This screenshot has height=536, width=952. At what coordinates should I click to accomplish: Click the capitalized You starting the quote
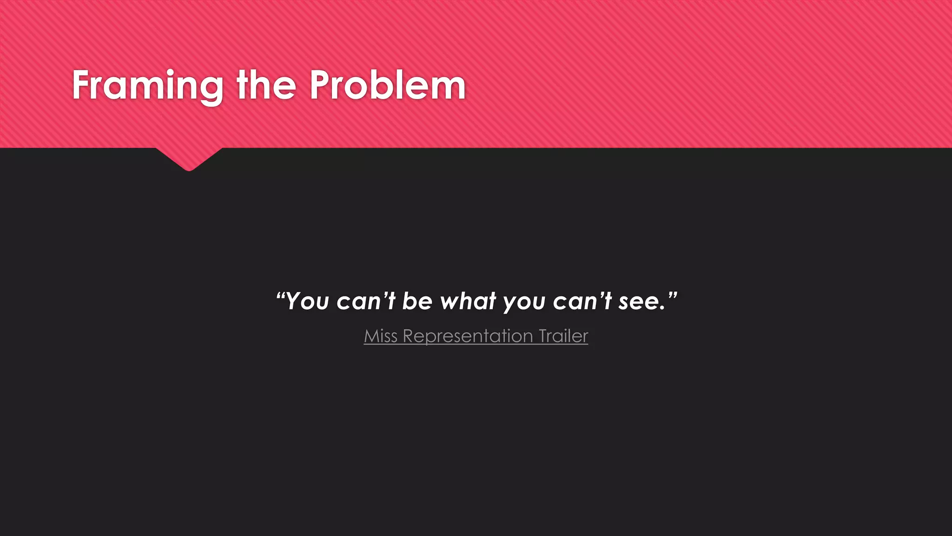[x=308, y=301]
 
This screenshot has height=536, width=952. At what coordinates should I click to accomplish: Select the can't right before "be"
[x=365, y=301]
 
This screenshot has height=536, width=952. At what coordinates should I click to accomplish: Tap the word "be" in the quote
[x=417, y=301]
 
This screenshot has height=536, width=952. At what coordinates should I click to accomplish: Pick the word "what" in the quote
[x=468, y=301]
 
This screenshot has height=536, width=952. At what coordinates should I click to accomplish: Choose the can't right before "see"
[x=582, y=301]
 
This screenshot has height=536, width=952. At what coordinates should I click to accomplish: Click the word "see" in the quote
[x=639, y=302]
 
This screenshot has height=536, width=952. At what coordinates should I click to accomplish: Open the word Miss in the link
[x=380, y=336]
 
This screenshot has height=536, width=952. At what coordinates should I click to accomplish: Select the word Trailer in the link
[x=563, y=336]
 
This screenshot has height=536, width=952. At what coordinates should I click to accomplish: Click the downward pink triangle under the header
[x=189, y=158]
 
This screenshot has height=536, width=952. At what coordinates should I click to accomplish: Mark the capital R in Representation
[x=408, y=336]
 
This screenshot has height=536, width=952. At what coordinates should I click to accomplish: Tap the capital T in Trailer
[x=543, y=336]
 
